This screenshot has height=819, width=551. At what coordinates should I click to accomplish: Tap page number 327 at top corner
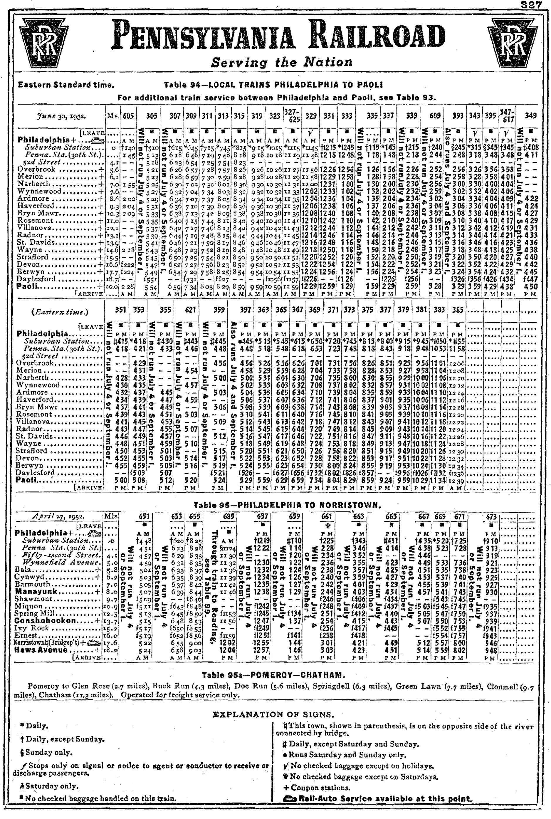coord(531,5)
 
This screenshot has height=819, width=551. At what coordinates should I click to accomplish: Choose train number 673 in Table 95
coord(491,516)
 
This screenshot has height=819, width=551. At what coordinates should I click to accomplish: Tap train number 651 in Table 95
coord(144,516)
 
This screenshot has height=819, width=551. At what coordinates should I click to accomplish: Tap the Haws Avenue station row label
coord(41,650)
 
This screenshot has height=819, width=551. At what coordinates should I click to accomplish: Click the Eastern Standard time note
coord(66,85)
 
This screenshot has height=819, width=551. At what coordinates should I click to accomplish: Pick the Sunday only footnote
coord(46,753)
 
